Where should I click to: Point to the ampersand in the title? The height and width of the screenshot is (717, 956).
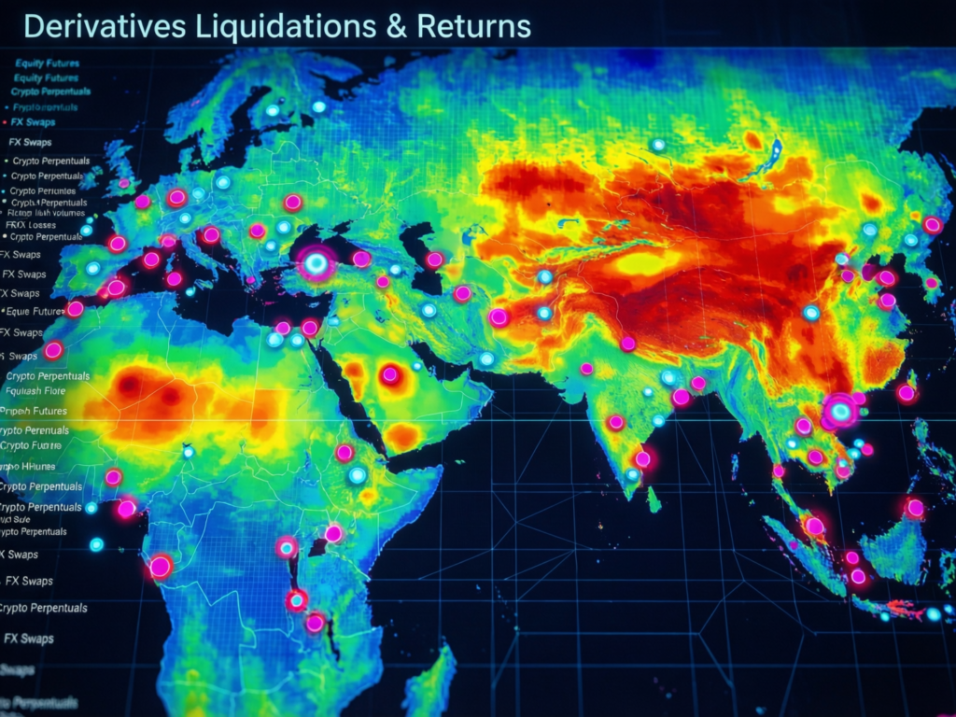[396, 26]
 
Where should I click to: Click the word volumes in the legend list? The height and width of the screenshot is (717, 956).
[68, 212]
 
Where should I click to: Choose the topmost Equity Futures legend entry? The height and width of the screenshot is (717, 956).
[47, 63]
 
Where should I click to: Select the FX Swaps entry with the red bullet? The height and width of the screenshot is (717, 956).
[30, 121]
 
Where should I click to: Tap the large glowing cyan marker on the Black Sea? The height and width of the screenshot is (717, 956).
[317, 264]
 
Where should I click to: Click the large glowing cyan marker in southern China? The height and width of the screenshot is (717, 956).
[840, 410]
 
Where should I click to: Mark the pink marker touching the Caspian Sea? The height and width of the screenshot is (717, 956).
[434, 260]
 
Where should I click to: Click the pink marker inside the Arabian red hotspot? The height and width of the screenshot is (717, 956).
[390, 374]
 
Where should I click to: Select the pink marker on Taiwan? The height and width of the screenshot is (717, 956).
[906, 393]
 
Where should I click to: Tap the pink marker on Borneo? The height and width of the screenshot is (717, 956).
[914, 508]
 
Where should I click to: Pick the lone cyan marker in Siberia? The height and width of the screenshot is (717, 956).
[657, 145]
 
